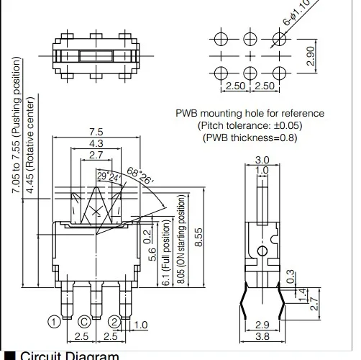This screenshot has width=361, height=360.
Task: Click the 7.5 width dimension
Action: [96, 132]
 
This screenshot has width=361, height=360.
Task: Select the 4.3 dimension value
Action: [96, 144]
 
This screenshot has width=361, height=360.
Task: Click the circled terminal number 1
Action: [53, 321]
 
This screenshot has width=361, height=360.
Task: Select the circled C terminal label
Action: [84, 322]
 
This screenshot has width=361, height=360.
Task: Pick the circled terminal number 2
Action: [114, 321]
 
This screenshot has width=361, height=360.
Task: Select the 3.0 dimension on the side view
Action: [262, 160]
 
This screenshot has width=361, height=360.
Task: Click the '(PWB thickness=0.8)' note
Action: [249, 137]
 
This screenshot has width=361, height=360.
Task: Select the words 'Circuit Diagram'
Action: [68, 355]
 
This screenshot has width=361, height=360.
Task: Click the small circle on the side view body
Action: [264, 250]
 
